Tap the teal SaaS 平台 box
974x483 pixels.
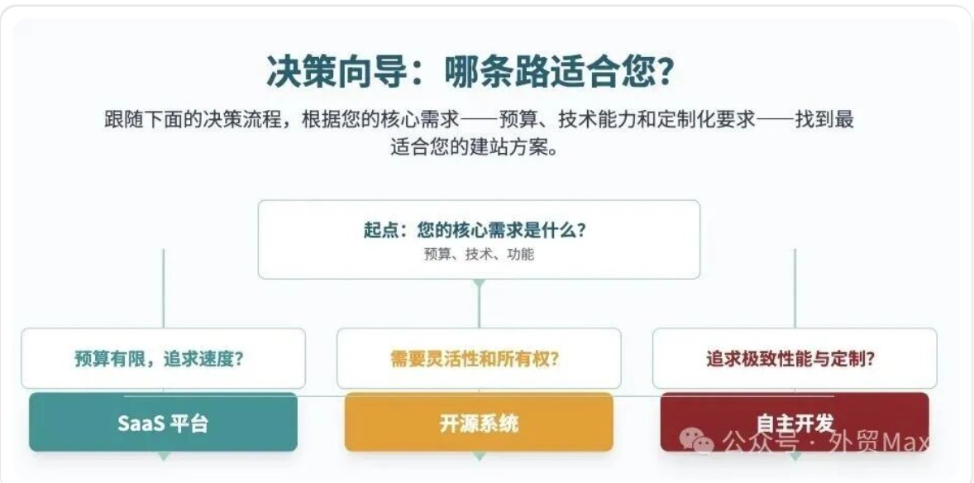163,422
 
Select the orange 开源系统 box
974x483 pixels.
479,422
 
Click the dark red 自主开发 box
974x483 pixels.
795,422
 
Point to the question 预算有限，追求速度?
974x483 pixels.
159,359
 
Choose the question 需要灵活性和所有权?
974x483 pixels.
475,359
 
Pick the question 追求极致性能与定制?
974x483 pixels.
790,359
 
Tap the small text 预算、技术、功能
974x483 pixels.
478,254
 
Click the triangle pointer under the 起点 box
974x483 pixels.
478,284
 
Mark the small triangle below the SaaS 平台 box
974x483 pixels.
164,457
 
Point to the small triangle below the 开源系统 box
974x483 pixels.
479,457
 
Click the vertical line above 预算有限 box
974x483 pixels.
164,289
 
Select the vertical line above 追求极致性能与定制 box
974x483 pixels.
795,289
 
